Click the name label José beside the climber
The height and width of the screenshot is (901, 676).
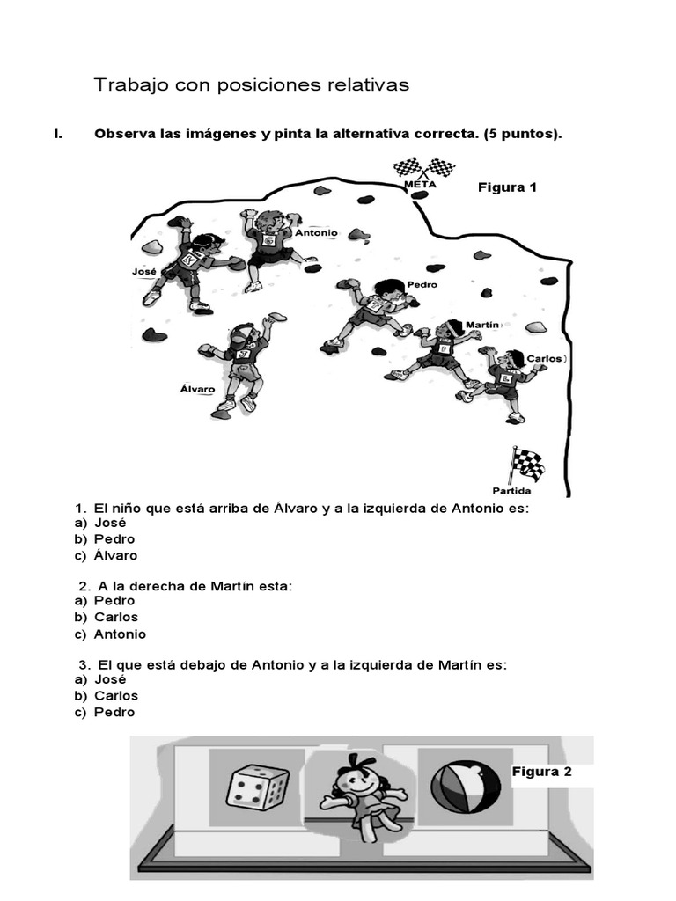[143, 272]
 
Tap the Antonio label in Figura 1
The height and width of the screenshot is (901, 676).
[316, 233]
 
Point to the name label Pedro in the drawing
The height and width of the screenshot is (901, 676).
[422, 284]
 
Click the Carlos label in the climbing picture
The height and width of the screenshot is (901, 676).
[543, 359]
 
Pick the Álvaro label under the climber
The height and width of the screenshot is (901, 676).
[193, 386]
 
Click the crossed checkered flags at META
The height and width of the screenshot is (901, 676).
[423, 167]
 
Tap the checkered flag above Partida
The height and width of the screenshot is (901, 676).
[528, 464]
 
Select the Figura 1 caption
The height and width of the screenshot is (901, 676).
[507, 187]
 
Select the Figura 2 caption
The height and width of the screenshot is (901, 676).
[541, 772]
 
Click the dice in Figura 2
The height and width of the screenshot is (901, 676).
[256, 786]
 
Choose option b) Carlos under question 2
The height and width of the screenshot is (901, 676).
[115, 617]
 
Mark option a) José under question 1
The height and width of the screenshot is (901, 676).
[110, 522]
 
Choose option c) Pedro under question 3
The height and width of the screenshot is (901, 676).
[114, 712]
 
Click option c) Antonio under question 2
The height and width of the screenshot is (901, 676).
[120, 634]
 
